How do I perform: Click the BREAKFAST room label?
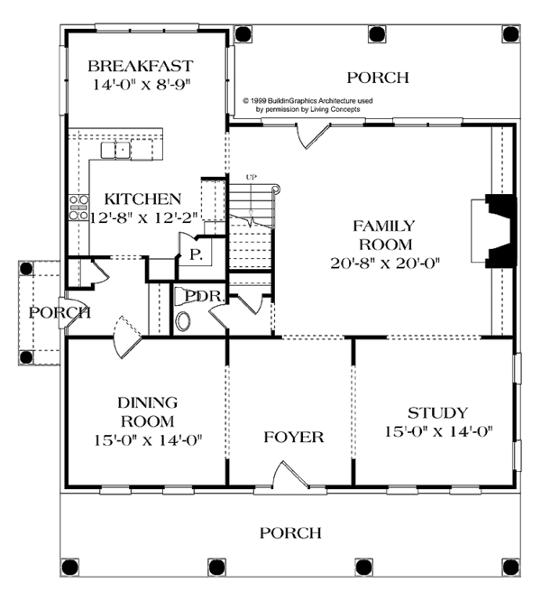(141, 66)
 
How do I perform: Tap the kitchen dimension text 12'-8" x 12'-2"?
(144, 217)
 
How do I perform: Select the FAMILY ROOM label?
(384, 235)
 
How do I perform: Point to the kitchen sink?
(115, 150)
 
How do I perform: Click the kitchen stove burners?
(78, 208)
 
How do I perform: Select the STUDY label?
(437, 412)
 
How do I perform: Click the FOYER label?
(294, 437)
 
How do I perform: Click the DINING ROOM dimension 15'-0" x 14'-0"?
(148, 440)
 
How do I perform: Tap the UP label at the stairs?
(252, 177)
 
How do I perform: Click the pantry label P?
(196, 254)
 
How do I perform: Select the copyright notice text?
(307, 105)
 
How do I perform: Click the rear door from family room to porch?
(313, 135)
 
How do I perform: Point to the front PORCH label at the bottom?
(290, 532)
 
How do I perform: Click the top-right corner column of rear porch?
(510, 34)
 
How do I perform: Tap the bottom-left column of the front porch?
(70, 567)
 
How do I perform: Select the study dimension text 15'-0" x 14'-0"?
(438, 431)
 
